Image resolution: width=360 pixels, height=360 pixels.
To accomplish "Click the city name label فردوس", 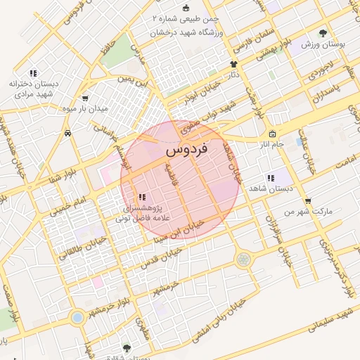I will click(185, 151).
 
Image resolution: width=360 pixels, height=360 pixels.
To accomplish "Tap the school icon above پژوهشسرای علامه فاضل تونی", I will click(141, 198).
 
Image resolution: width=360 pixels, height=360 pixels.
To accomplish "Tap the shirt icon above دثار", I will click(233, 64).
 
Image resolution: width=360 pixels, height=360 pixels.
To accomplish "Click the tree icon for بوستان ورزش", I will click(323, 33).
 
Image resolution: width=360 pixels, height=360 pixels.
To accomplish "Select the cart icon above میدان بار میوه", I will click(85, 98).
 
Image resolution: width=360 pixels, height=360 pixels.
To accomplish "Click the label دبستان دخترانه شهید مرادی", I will click(32, 88).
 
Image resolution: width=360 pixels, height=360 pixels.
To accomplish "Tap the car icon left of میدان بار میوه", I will click(67, 132).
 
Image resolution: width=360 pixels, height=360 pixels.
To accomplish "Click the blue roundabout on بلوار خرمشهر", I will click(77, 317).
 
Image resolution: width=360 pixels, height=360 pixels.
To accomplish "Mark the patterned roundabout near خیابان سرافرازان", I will click(243, 259).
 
